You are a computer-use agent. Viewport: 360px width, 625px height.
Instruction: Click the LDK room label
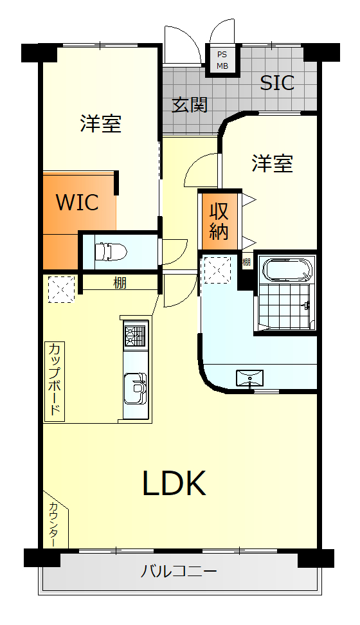click(x=175, y=483)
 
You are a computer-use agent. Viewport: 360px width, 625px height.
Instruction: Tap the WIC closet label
click(x=77, y=202)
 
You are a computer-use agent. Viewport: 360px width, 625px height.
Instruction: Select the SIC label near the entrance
click(x=277, y=82)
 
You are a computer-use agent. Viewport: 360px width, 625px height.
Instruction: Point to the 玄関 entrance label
click(x=190, y=105)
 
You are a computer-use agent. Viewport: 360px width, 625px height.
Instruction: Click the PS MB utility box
click(x=222, y=60)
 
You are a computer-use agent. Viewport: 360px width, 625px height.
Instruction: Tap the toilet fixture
click(x=111, y=251)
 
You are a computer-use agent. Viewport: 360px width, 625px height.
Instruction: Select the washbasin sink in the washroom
click(x=249, y=377)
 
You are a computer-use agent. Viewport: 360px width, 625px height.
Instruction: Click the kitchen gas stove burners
click(x=135, y=335)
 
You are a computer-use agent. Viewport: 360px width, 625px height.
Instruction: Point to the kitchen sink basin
click(x=136, y=388)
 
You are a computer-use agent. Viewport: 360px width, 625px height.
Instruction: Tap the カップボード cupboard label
click(x=55, y=381)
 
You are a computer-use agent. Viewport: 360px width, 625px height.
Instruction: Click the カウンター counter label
click(x=53, y=525)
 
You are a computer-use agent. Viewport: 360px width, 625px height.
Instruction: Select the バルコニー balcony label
click(x=179, y=572)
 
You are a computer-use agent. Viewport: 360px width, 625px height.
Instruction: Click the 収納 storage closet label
click(x=219, y=222)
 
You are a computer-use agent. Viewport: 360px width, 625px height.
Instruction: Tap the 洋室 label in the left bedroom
click(x=101, y=123)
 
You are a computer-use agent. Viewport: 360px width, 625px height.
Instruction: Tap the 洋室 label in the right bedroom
click(x=273, y=163)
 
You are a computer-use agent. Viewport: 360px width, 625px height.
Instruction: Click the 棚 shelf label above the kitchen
click(x=120, y=283)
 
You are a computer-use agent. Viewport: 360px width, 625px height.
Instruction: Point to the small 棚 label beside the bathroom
click(x=246, y=262)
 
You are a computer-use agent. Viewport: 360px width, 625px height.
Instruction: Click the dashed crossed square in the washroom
click(x=217, y=270)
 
